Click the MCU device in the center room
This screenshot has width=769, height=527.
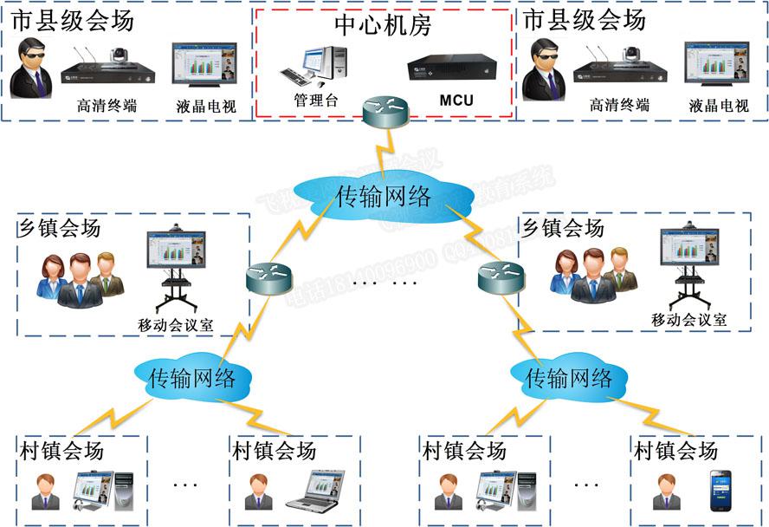point(453,68)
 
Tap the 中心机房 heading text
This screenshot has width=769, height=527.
point(382,27)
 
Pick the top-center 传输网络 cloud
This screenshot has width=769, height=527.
point(383,196)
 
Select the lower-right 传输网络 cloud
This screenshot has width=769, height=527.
point(568,377)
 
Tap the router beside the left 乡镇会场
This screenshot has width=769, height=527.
point(266,277)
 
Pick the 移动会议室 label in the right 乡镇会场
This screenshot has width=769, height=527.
point(688,320)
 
